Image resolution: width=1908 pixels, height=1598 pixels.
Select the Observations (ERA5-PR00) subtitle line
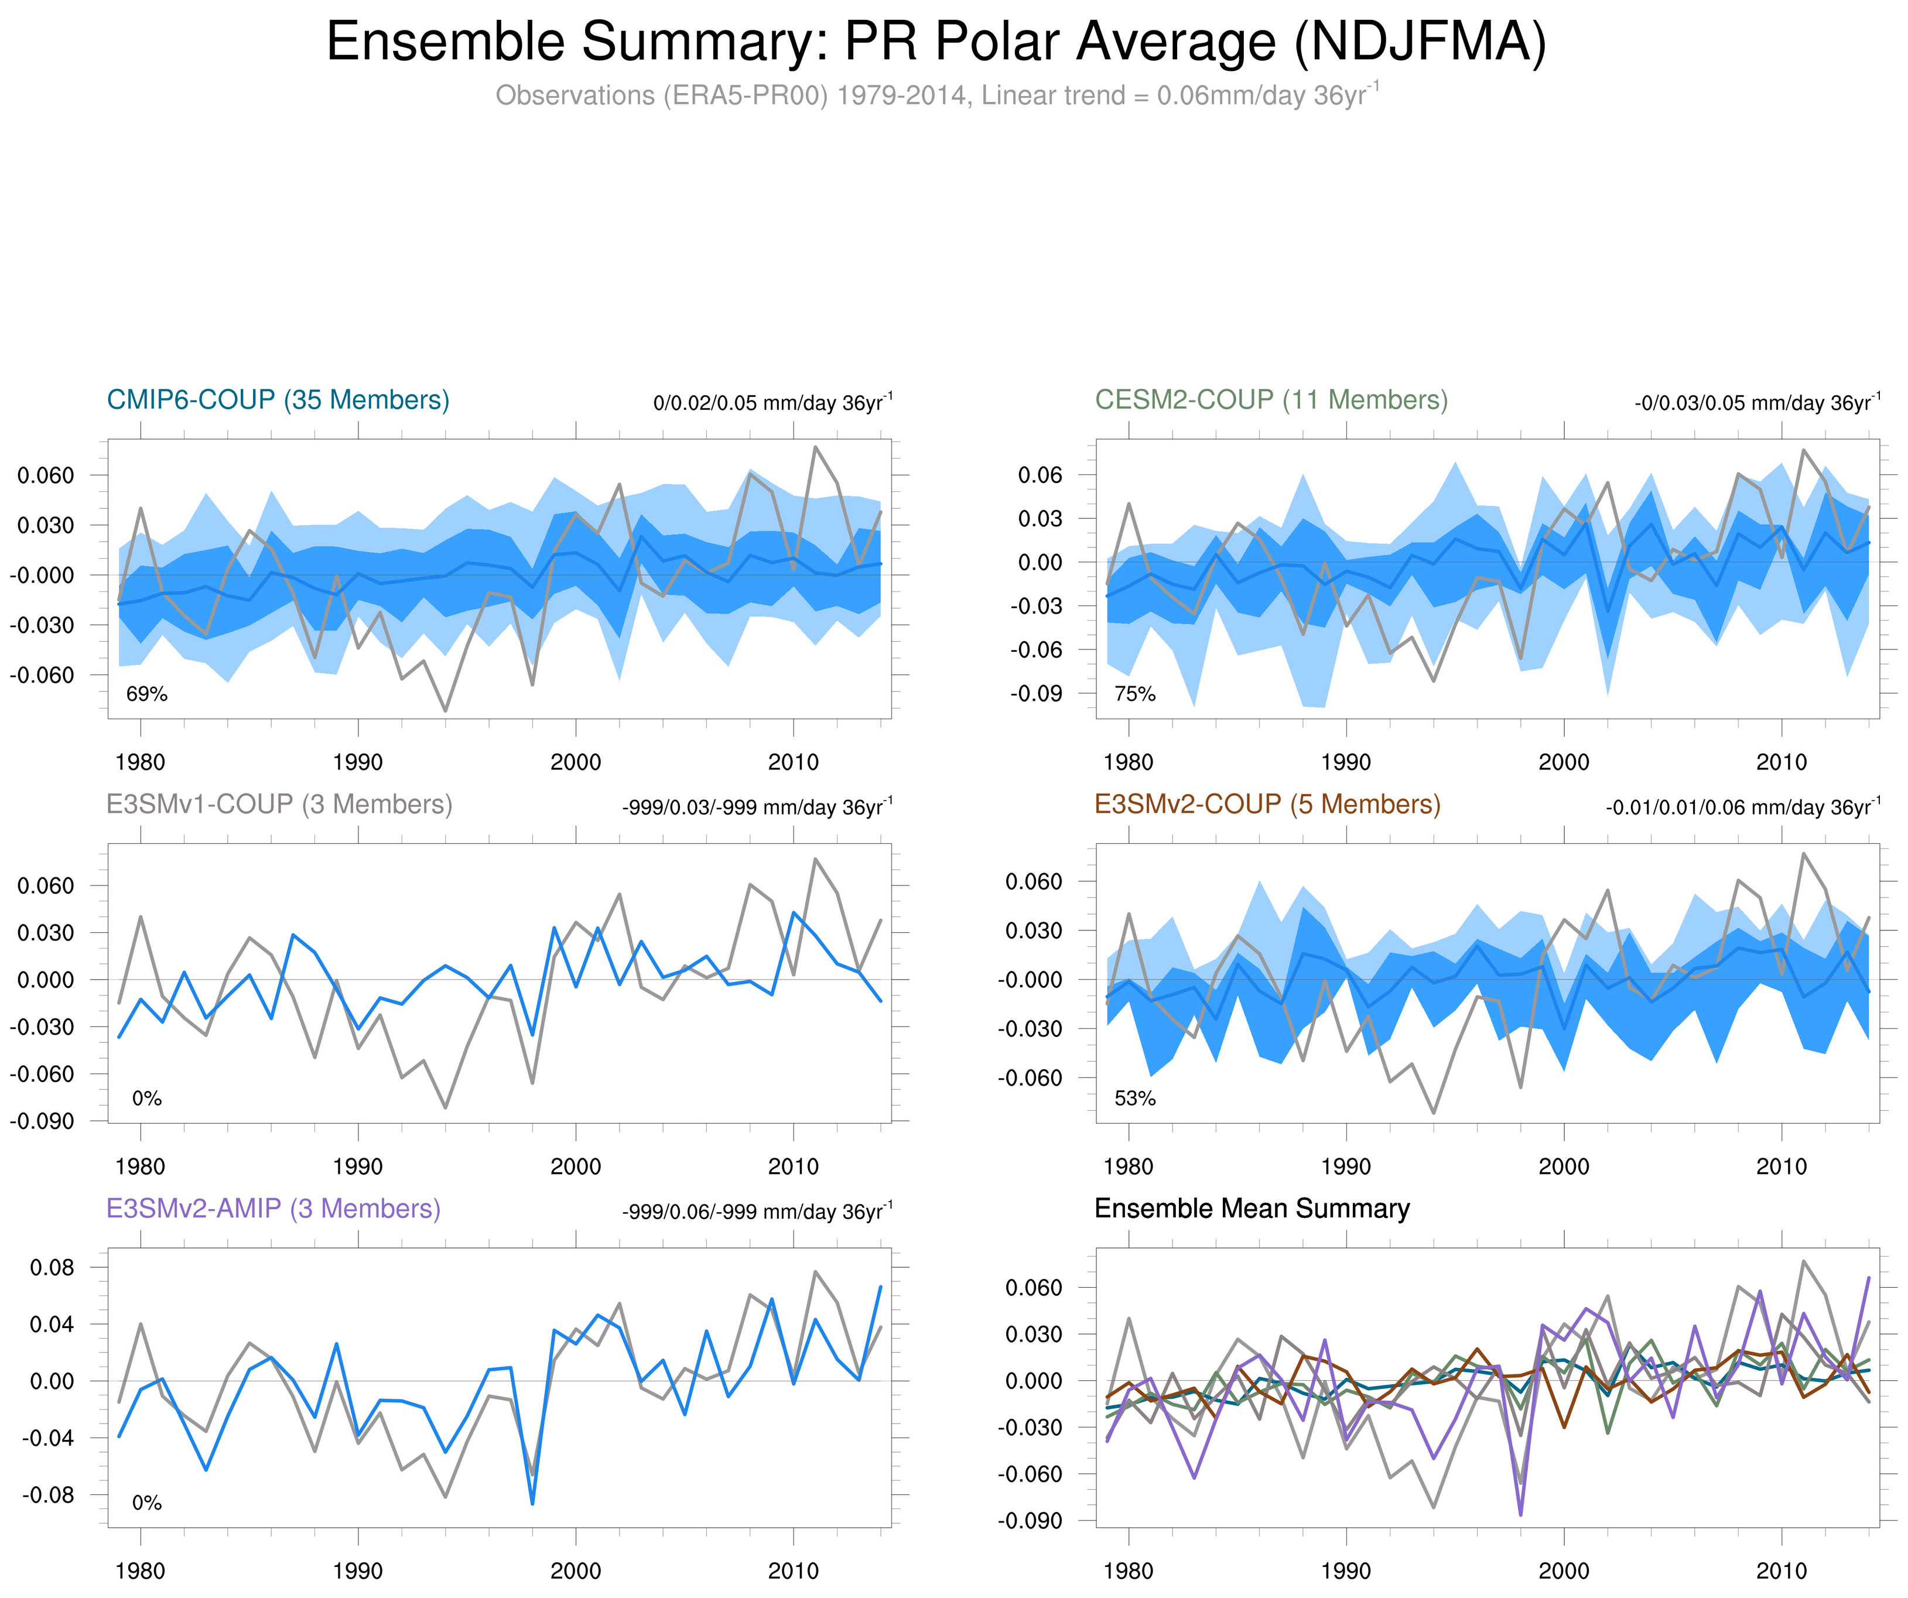click(x=936, y=95)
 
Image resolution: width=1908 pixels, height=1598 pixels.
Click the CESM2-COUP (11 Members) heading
click(x=1271, y=400)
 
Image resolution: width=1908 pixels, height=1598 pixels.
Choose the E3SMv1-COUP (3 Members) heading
click(x=279, y=804)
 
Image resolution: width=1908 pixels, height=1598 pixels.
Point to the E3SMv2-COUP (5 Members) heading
click(x=1267, y=804)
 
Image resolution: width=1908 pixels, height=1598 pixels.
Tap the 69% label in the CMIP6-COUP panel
click(x=147, y=694)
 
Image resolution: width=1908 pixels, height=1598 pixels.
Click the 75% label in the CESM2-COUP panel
click(x=1135, y=694)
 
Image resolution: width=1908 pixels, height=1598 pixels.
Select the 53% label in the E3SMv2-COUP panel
click(x=1135, y=1099)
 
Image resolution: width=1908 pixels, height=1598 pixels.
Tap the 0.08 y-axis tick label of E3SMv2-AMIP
click(x=52, y=1267)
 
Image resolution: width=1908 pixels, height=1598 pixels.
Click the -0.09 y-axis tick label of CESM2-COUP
click(x=1036, y=693)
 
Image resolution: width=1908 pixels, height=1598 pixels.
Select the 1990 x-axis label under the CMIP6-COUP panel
click(x=358, y=762)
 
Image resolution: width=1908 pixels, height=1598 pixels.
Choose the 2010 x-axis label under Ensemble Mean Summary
click(x=1781, y=1570)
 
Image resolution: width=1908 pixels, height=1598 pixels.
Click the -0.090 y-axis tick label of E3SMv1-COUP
click(x=42, y=1121)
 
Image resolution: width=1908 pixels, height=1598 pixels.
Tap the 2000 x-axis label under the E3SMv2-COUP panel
click(x=1564, y=1166)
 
